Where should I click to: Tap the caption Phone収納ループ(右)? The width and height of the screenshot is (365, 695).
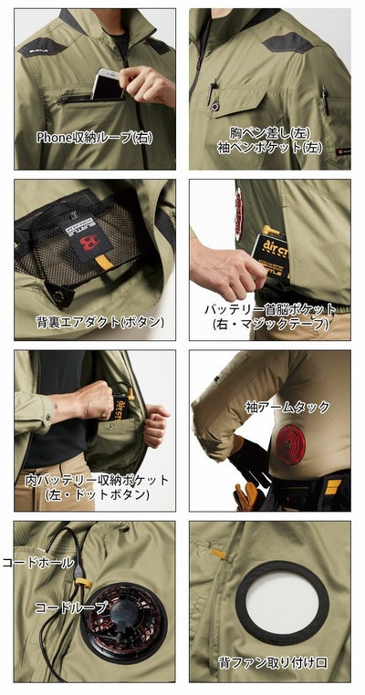click(x=94, y=139)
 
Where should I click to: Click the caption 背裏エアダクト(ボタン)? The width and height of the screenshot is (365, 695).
click(x=100, y=321)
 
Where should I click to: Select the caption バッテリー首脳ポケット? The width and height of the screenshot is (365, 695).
click(x=269, y=308)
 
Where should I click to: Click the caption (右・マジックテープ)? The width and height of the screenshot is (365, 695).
click(x=269, y=324)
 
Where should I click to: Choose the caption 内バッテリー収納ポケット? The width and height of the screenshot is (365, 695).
click(x=98, y=480)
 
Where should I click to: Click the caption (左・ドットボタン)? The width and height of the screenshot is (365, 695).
click(x=98, y=495)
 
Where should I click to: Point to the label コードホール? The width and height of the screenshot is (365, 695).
click(x=38, y=563)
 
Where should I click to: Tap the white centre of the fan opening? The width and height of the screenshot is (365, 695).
click(x=282, y=603)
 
